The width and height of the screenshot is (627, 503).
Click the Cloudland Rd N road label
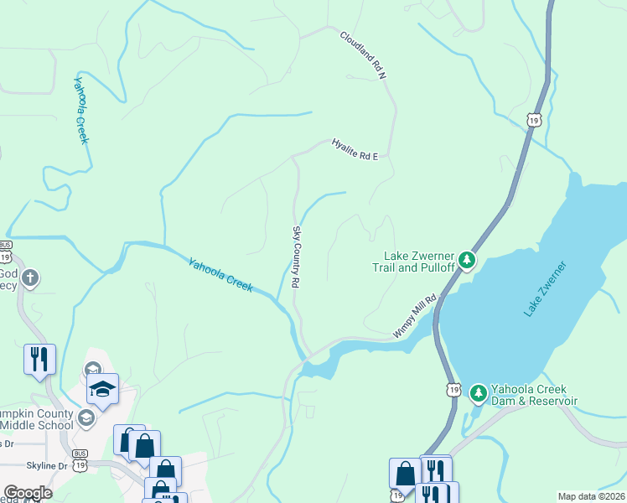pyautogui.click(x=363, y=55)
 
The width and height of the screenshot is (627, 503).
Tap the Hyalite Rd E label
pyautogui.click(x=355, y=148)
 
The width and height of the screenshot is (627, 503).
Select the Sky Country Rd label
pyautogui.click(x=296, y=257)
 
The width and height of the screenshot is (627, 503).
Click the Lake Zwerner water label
pyautogui.click(x=546, y=289)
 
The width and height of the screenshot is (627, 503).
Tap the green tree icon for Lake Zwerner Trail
pyautogui.click(x=467, y=261)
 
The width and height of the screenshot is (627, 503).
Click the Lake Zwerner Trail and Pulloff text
pyautogui.click(x=418, y=262)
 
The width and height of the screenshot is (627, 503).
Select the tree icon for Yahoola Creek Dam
pyautogui.click(x=478, y=392)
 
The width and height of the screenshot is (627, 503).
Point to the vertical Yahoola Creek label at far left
pyautogui.click(x=80, y=110)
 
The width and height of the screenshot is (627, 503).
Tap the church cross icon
pyautogui.click(x=30, y=277)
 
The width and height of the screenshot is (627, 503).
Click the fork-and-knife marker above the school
pyautogui.click(x=40, y=359)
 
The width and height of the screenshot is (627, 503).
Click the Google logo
pyautogui.click(x=27, y=493)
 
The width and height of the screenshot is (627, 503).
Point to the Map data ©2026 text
pyautogui.click(x=591, y=496)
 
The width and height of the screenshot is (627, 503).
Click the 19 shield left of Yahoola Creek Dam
pyautogui.click(x=453, y=390)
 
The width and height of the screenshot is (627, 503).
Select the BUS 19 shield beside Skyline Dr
pyautogui.click(x=80, y=462)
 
